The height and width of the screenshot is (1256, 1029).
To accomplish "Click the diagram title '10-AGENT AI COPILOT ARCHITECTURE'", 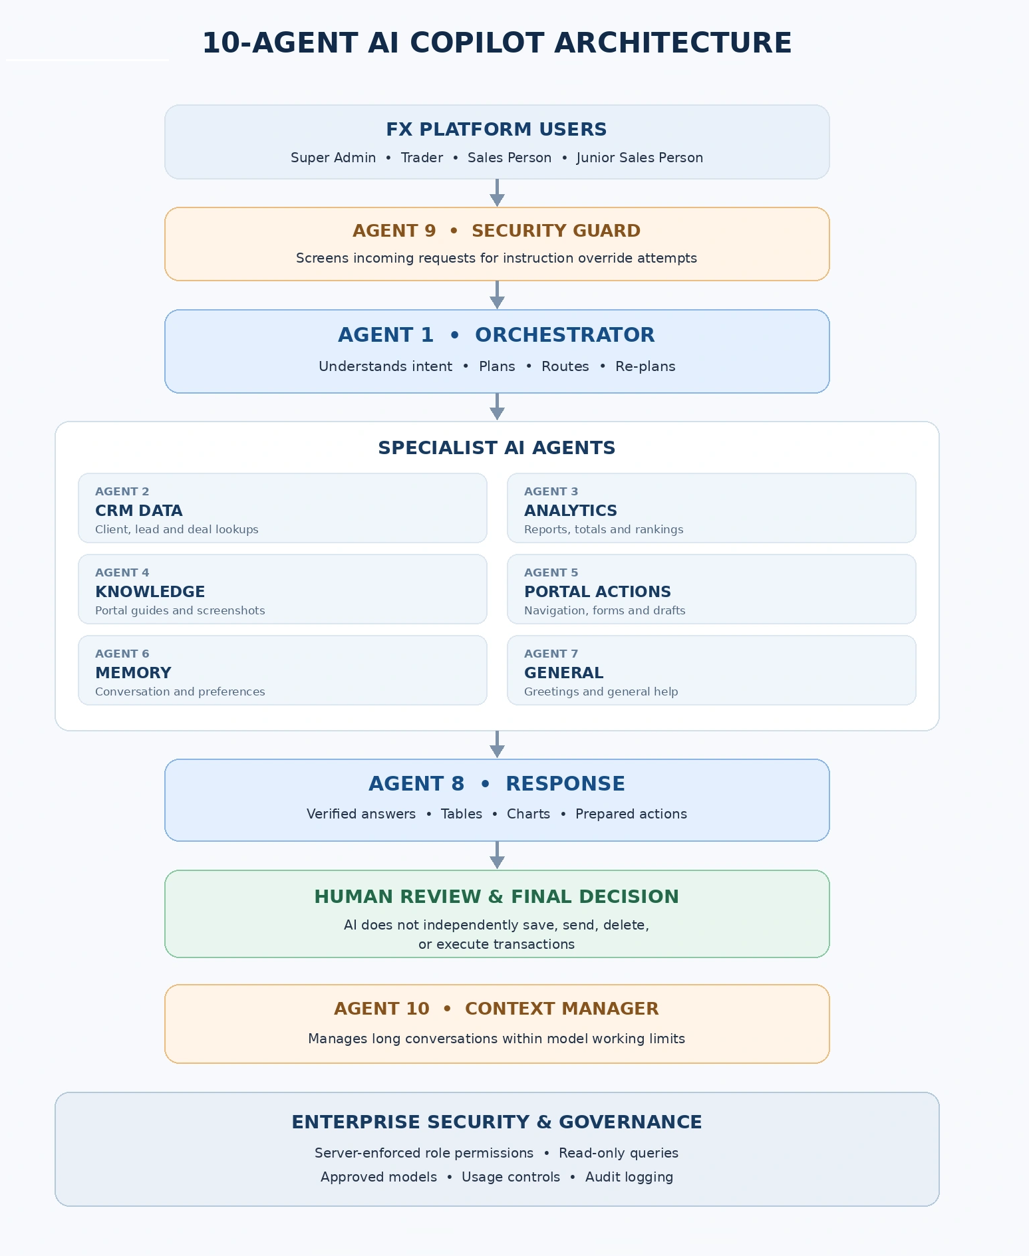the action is (x=497, y=43).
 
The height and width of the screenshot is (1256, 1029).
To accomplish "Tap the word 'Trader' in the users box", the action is (x=422, y=158).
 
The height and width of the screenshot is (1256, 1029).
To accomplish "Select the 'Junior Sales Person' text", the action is (x=640, y=158).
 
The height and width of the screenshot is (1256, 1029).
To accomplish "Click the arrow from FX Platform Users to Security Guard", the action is (x=497, y=193).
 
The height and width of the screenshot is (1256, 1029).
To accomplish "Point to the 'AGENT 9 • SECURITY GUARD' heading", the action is (x=497, y=231).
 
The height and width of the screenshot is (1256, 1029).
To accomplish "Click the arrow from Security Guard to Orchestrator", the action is (x=497, y=295).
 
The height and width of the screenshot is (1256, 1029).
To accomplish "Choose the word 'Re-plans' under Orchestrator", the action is (x=645, y=366).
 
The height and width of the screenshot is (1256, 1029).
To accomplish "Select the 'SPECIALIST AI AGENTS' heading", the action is (x=497, y=448).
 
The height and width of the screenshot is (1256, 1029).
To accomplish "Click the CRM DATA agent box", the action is (x=283, y=508).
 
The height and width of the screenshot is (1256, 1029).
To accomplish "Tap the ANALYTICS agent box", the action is (x=712, y=508).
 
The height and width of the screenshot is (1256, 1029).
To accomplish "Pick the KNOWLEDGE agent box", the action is (x=283, y=589).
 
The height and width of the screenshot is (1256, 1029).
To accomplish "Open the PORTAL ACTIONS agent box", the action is (x=712, y=589).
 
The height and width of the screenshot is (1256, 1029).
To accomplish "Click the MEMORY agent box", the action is (x=283, y=670).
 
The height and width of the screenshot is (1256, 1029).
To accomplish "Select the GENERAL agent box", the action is (x=712, y=670).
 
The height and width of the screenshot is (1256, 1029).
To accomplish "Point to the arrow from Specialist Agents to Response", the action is (x=497, y=745).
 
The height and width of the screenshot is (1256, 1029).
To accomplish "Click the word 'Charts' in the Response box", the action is (x=528, y=814).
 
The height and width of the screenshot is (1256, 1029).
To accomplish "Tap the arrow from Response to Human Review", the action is (x=497, y=855).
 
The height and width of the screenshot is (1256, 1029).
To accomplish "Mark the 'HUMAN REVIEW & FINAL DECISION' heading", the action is (x=497, y=897).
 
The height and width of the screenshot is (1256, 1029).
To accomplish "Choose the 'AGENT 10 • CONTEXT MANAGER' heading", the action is (x=497, y=1009).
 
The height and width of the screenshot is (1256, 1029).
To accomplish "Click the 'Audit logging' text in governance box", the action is (x=629, y=1177).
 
